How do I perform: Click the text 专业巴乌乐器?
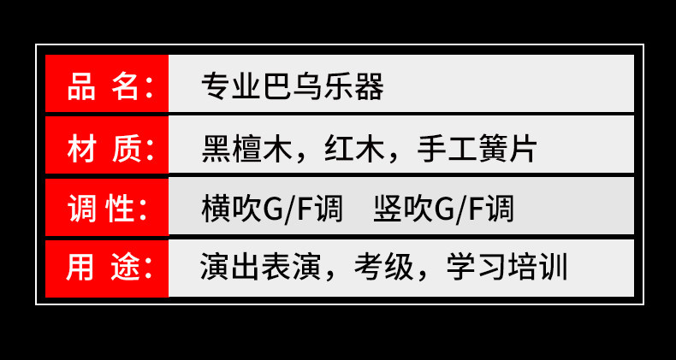(292, 87)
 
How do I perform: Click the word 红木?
(351, 149)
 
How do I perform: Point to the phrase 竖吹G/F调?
(444, 209)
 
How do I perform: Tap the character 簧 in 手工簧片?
(492, 149)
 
